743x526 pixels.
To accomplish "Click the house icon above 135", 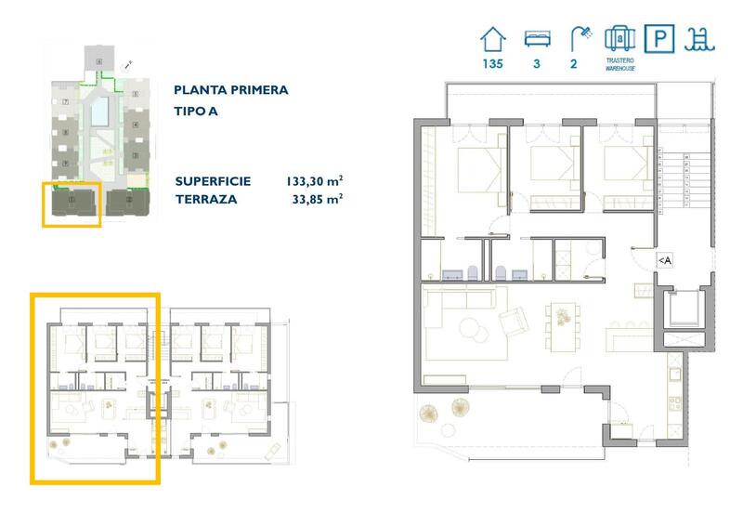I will click(x=492, y=39).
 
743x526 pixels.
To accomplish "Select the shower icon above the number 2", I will click(x=581, y=39).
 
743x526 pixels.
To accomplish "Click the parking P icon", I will click(x=659, y=39).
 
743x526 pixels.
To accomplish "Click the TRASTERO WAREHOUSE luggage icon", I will click(x=619, y=37).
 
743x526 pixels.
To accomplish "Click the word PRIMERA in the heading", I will click(x=258, y=90).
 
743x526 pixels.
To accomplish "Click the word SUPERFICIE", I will click(x=213, y=181).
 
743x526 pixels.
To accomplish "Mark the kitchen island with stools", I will click(x=629, y=332).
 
